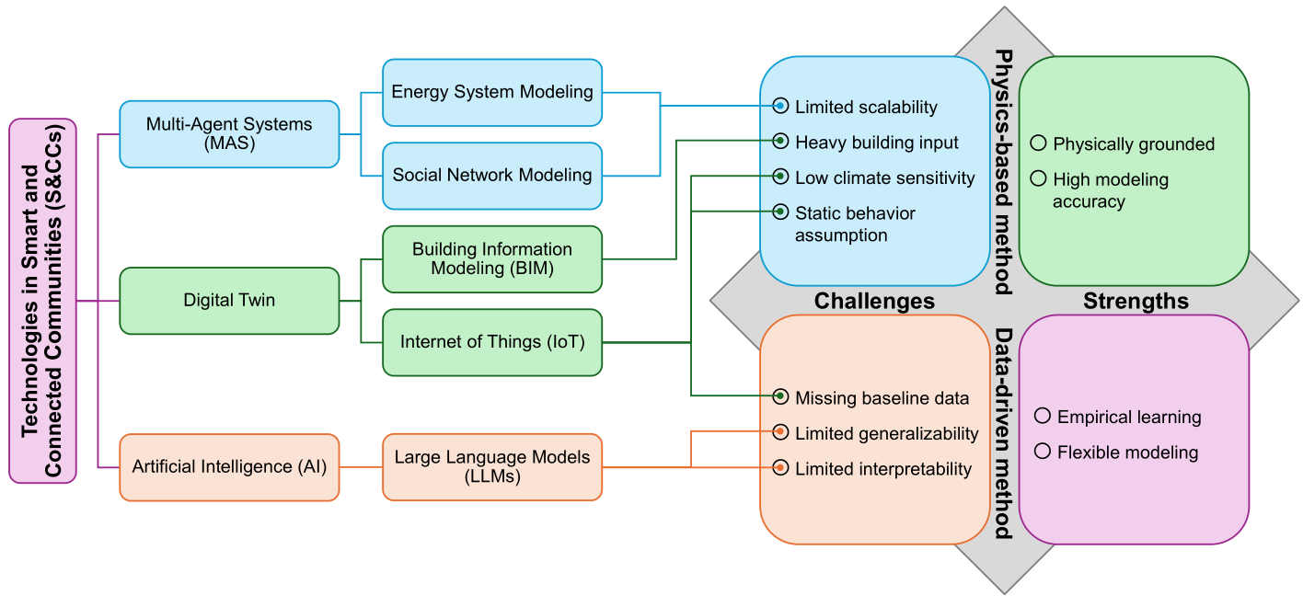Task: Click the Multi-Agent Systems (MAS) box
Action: [229, 134]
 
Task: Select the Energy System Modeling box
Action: [492, 93]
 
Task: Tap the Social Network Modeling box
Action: [492, 176]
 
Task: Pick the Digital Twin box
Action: [229, 301]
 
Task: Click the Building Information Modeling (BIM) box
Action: [492, 258]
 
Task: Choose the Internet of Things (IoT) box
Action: [492, 342]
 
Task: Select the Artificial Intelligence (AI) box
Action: [229, 467]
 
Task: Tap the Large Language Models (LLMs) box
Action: [492, 467]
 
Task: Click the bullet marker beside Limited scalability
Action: [780, 106]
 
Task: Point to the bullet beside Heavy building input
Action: [780, 142]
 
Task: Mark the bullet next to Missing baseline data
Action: [780, 396]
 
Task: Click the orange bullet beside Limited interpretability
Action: [780, 467]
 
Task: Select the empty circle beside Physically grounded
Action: [1038, 143]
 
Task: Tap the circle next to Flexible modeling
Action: [1043, 452]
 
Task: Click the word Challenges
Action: [874, 301]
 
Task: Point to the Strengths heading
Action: [1136, 301]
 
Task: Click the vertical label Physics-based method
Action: [1003, 172]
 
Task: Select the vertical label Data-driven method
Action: [1003, 433]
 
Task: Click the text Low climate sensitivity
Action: [884, 178]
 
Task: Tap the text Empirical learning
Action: [1129, 417]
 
